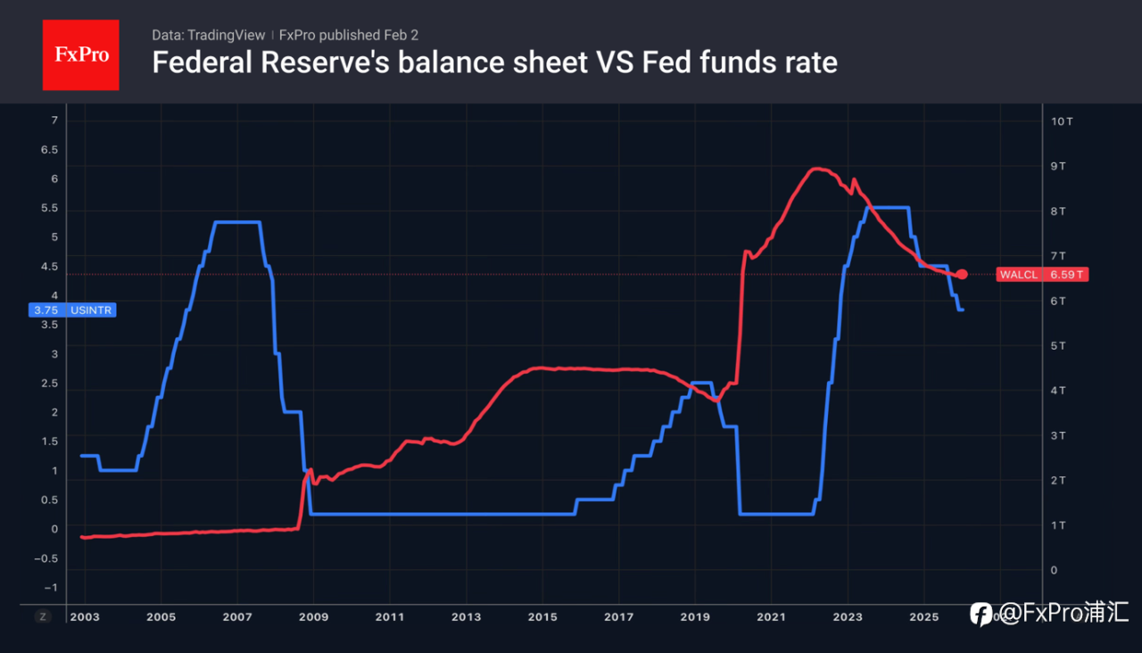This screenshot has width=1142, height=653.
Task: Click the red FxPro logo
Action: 80,54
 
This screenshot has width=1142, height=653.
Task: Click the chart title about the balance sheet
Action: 494,63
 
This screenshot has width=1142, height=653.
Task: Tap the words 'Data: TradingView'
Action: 208,35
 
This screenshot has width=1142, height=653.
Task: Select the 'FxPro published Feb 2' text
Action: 349,35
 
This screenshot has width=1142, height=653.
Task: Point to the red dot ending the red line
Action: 962,275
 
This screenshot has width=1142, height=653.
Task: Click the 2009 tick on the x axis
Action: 313,616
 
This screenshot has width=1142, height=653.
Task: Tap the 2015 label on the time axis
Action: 542,616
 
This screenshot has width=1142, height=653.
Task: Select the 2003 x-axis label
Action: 85,616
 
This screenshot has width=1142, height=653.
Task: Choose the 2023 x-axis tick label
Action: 848,616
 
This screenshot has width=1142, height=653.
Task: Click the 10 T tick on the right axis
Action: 1062,120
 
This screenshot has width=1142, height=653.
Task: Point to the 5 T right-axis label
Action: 1059,345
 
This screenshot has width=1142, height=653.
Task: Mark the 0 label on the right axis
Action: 1054,570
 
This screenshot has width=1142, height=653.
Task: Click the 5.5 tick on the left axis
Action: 50,209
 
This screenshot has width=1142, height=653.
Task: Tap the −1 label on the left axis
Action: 50,587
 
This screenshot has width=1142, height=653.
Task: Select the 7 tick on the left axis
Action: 54,120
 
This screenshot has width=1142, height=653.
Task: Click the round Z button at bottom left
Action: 42,616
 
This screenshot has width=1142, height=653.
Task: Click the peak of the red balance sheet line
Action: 816,168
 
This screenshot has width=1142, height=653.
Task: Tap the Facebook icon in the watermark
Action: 981,614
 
